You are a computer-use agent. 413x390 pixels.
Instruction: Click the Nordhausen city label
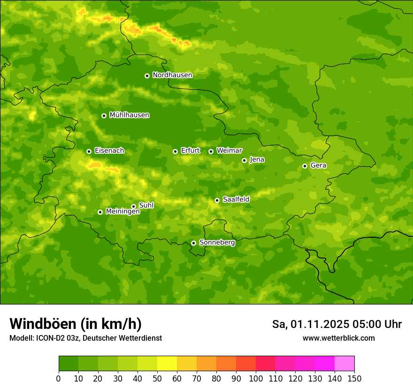(172, 75)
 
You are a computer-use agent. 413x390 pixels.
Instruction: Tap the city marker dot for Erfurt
(175, 151)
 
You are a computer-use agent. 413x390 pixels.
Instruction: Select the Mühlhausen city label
(129, 115)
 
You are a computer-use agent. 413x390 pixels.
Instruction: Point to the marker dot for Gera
(305, 166)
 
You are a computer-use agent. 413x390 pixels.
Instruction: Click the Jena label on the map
(257, 160)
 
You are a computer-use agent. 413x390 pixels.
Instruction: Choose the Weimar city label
(229, 151)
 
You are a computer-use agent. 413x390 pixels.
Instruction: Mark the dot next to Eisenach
(89, 151)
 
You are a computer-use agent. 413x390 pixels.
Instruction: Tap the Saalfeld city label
(236, 200)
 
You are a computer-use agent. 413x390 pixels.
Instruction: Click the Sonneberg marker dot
(193, 243)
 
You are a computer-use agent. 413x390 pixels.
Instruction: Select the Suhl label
(146, 205)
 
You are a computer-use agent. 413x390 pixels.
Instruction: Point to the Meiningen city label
(122, 211)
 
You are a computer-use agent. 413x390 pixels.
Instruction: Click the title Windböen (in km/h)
(76, 324)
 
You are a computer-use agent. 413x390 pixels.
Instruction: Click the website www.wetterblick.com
(338, 338)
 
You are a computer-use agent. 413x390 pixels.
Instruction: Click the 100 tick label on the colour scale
(256, 378)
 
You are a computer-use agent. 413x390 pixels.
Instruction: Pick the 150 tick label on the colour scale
(354, 378)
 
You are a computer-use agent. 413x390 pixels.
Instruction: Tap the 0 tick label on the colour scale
(59, 378)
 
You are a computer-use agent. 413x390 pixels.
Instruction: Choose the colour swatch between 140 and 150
(344, 364)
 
